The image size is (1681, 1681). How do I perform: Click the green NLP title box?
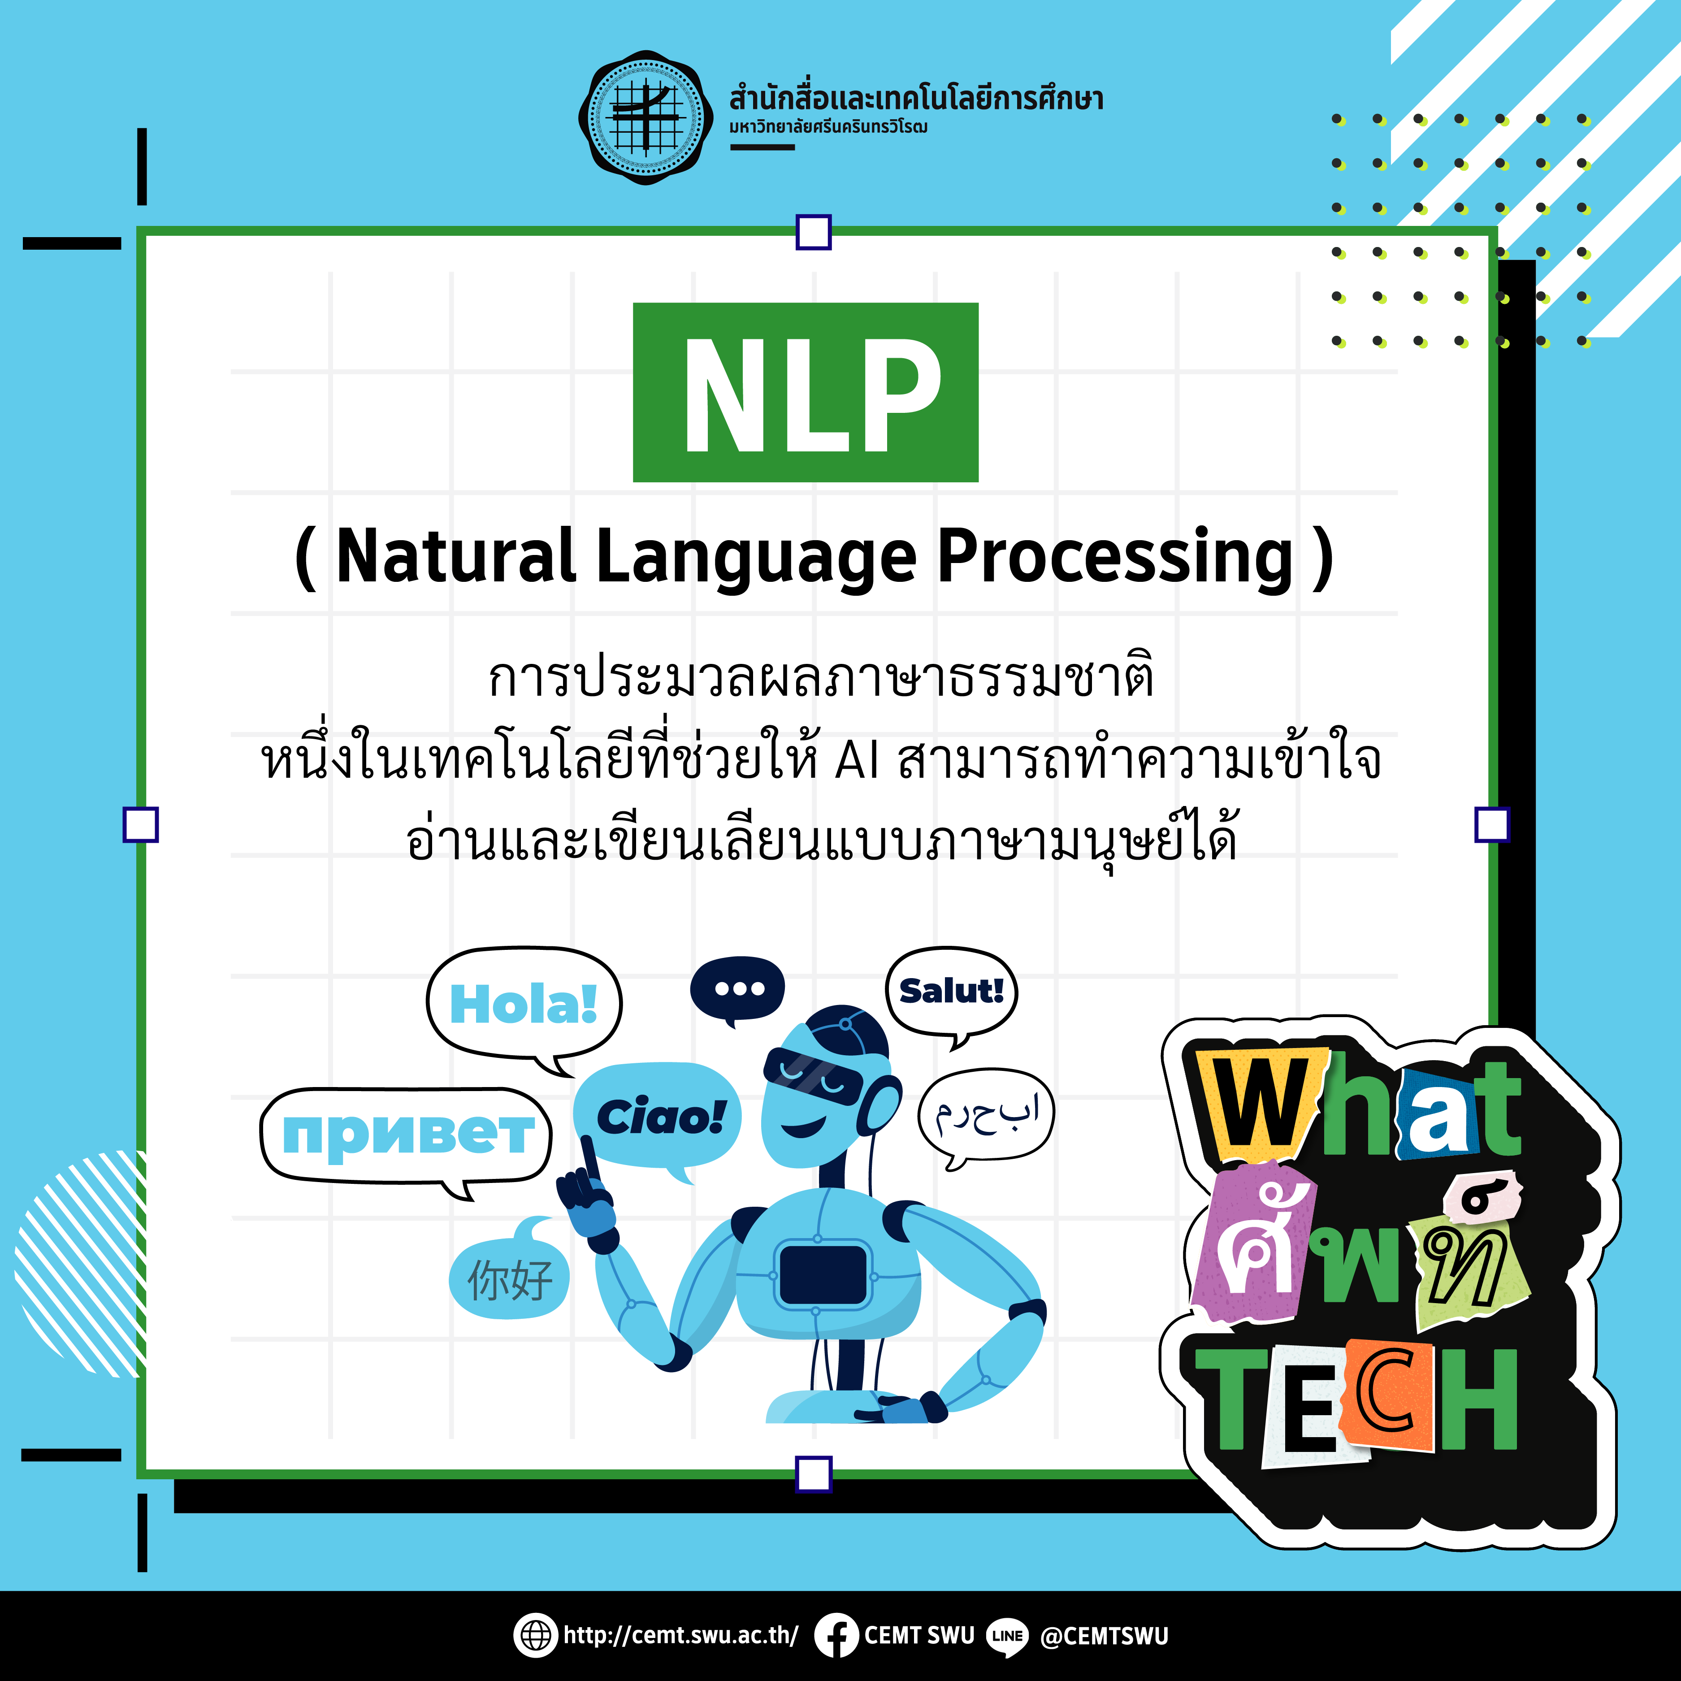click(x=806, y=392)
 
